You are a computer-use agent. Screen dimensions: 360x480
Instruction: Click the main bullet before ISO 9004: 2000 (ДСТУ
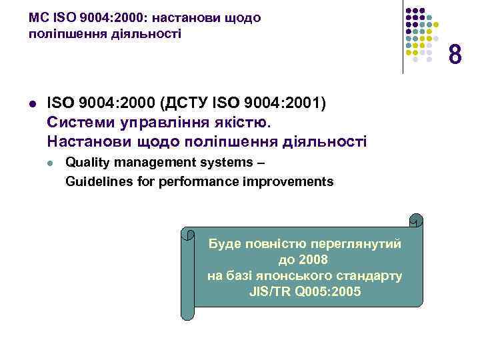click(x=33, y=105)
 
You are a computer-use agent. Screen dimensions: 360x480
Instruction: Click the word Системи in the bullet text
click(x=76, y=123)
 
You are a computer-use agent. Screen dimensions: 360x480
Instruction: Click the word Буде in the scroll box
click(x=223, y=244)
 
